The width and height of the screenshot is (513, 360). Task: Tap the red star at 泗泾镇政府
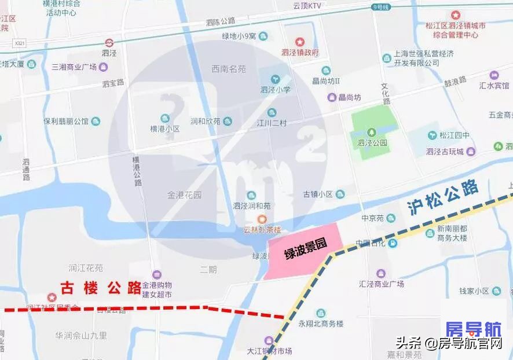point(300,42)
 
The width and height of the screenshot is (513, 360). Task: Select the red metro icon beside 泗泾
point(109,42)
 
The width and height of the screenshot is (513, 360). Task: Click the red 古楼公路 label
point(101,287)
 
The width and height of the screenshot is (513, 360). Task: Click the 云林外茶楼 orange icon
point(262,218)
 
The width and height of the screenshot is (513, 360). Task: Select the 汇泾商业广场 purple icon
point(380,273)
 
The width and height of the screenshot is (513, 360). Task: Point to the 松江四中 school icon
point(432,135)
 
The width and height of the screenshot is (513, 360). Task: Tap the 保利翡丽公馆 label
point(66,122)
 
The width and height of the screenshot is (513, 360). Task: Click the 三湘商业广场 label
point(74,67)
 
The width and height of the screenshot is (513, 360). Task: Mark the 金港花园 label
point(184,195)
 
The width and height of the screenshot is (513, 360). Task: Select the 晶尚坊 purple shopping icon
point(332,97)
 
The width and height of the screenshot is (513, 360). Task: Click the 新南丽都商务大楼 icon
point(430,233)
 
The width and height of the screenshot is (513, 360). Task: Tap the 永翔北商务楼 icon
point(321,313)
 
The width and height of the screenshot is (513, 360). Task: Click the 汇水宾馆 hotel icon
point(494,75)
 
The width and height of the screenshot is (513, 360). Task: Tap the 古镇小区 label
point(318,194)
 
